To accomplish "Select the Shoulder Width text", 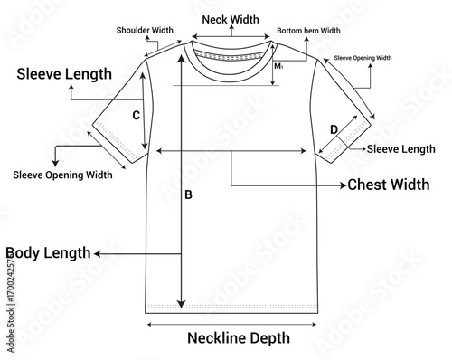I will (145, 30).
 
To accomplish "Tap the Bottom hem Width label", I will (308, 30).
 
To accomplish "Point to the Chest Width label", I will (389, 185).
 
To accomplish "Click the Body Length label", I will (48, 253).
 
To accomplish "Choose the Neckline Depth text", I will (239, 338).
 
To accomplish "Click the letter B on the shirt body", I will (188, 194).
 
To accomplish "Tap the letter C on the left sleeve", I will (135, 115).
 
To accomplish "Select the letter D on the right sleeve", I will (334, 129).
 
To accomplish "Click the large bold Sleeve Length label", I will (65, 74).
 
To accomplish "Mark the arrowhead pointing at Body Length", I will (96, 254).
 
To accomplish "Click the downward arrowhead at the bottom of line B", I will (182, 304).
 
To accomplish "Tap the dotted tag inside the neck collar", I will (231, 55).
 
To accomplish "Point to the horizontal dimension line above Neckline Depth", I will (231, 321).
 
